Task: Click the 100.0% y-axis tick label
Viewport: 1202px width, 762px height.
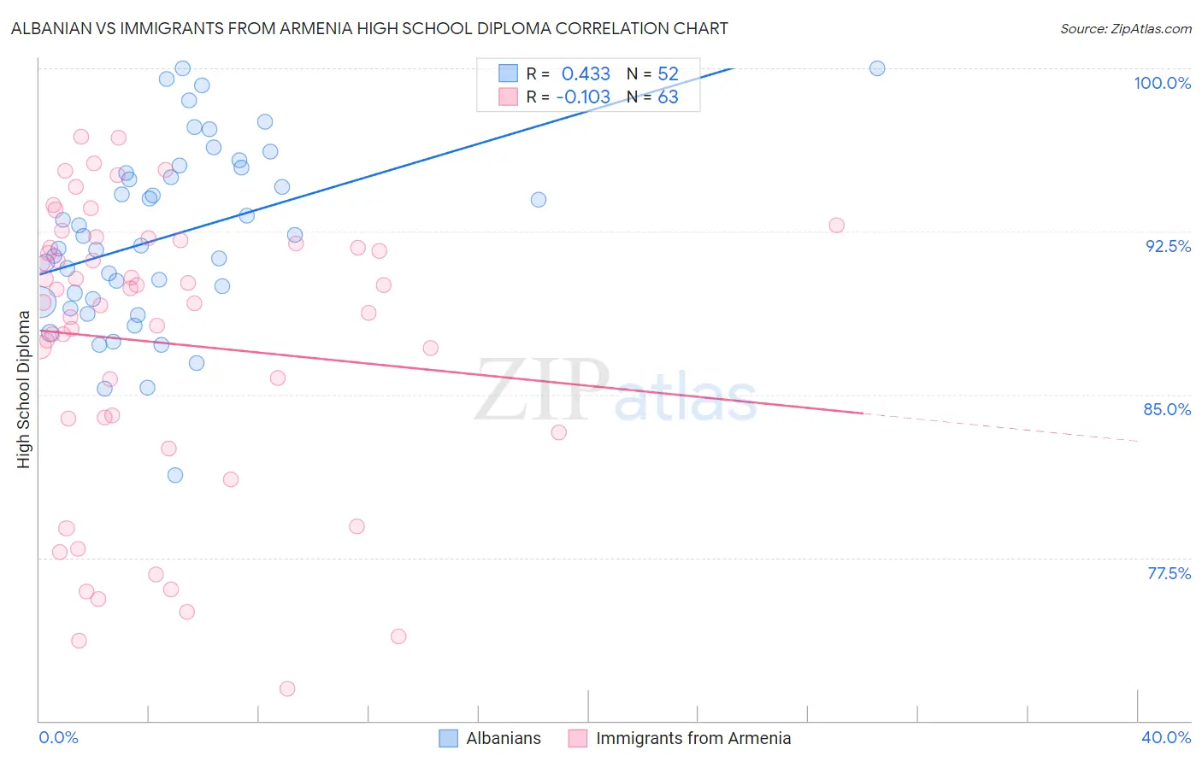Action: click(1162, 83)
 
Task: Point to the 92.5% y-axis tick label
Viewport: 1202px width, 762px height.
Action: click(1168, 246)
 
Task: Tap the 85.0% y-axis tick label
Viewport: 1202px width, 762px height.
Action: click(1167, 409)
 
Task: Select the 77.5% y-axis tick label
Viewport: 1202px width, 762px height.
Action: click(1169, 573)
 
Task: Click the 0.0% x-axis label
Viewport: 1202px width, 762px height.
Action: click(58, 737)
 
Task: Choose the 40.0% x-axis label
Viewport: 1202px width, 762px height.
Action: click(1165, 737)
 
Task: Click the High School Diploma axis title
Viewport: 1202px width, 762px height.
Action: click(24, 390)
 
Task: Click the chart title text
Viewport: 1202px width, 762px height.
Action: click(369, 28)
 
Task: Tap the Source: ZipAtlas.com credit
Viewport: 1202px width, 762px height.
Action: click(1125, 29)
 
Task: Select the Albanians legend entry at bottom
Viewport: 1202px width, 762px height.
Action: click(503, 738)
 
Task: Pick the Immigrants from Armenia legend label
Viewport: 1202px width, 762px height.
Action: click(692, 738)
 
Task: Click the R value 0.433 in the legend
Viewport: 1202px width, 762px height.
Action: click(586, 74)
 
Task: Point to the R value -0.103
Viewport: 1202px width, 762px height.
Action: click(583, 97)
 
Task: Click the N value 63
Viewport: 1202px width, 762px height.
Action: click(668, 97)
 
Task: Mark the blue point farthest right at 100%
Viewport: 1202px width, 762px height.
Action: click(877, 68)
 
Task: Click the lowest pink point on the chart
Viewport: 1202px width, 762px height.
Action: click(287, 689)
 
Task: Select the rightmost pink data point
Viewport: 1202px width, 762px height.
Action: click(836, 226)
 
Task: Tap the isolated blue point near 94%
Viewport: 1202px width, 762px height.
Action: click(539, 200)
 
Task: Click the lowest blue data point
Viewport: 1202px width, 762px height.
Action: click(175, 475)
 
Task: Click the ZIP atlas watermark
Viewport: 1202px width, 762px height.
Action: click(616, 391)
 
